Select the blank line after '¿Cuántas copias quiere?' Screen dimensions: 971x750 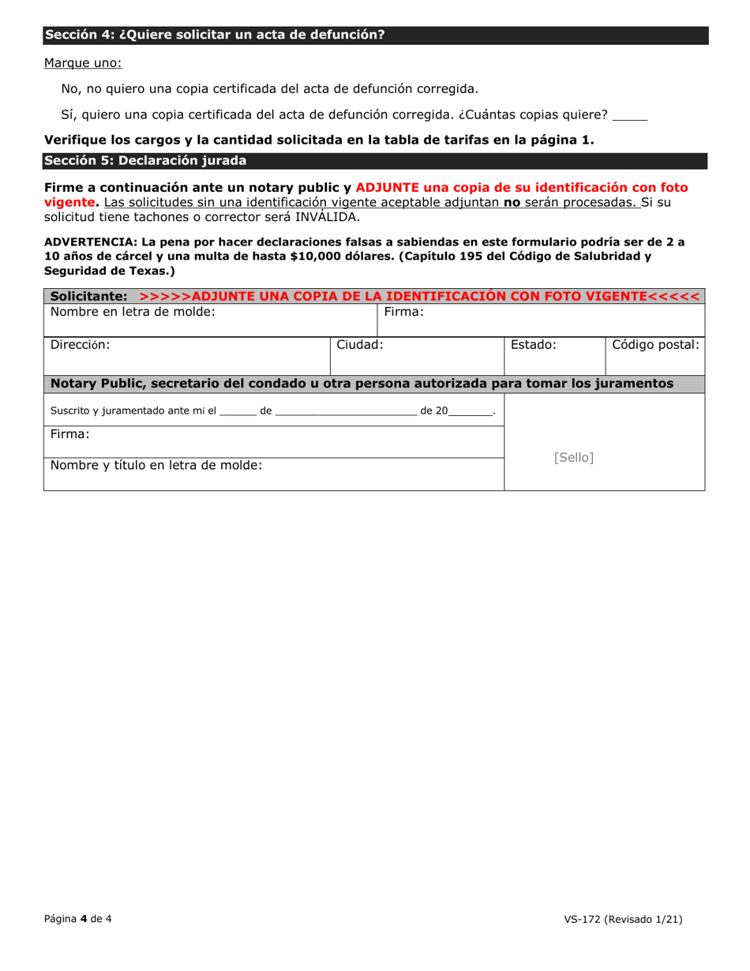point(629,116)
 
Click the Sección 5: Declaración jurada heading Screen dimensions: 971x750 point(145,161)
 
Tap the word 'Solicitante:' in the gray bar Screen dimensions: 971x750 point(88,296)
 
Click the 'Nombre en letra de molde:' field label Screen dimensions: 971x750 point(133,312)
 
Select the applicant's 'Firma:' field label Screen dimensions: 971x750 point(404,312)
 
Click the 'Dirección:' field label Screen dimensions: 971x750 point(81,344)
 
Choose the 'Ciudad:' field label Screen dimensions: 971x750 point(360,344)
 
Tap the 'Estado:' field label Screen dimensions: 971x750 point(534,344)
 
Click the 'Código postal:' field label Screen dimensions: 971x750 point(655,344)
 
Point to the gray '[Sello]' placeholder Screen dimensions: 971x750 point(574,457)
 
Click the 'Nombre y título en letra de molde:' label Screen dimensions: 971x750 point(156,465)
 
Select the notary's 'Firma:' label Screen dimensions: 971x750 point(70,433)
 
